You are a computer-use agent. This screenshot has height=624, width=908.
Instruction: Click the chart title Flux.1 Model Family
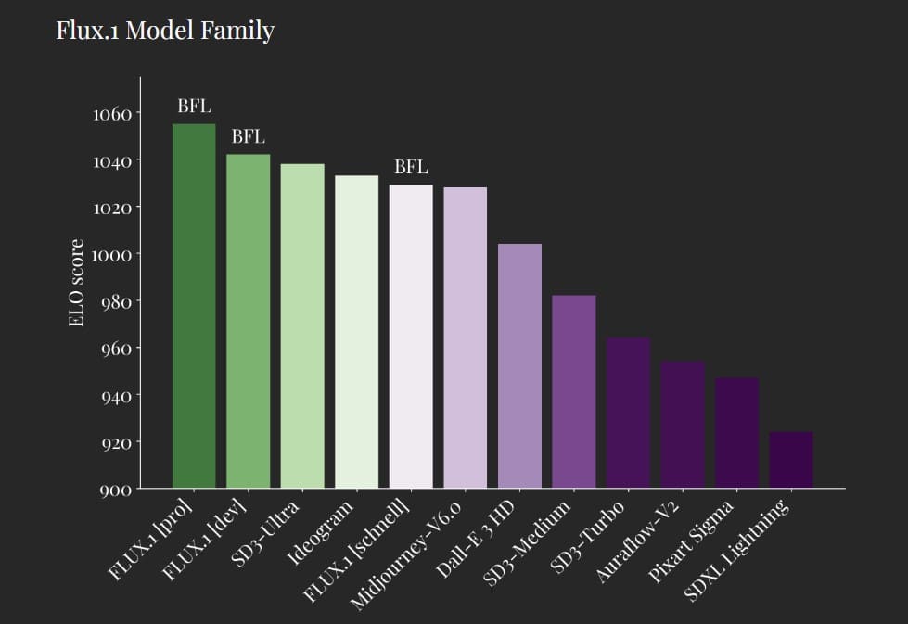165,31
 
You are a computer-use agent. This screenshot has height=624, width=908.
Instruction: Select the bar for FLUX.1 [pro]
194,306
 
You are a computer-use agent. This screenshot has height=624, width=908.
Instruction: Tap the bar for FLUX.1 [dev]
249,321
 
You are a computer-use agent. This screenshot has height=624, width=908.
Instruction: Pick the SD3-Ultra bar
302,325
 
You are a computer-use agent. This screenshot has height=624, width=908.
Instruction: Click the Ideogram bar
357,331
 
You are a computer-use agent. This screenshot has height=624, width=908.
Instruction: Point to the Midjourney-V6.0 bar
465,337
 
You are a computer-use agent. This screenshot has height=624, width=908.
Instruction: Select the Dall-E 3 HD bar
519,365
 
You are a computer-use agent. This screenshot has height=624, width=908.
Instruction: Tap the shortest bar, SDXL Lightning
791,459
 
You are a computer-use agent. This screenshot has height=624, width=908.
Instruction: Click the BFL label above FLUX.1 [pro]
194,106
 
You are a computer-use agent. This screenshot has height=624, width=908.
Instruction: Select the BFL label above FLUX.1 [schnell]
411,168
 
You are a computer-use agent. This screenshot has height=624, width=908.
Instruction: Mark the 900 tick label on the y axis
116,490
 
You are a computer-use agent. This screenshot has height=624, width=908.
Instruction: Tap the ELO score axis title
77,283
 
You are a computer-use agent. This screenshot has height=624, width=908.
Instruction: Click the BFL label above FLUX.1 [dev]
248,137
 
